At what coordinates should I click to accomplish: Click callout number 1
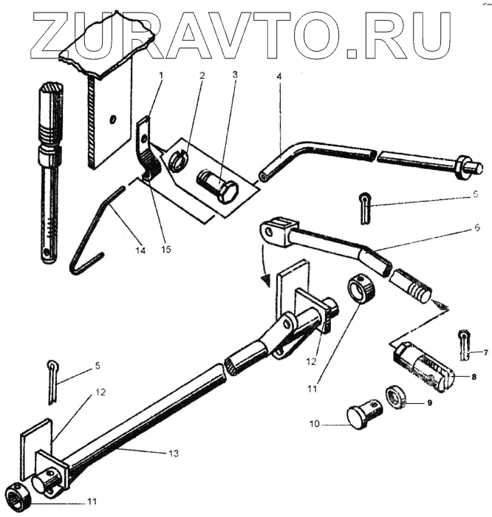(x=162, y=75)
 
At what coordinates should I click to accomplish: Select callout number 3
(x=234, y=75)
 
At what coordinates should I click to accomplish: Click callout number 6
(x=477, y=227)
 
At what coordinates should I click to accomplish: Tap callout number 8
(x=474, y=376)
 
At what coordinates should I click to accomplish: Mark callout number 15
(x=166, y=250)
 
